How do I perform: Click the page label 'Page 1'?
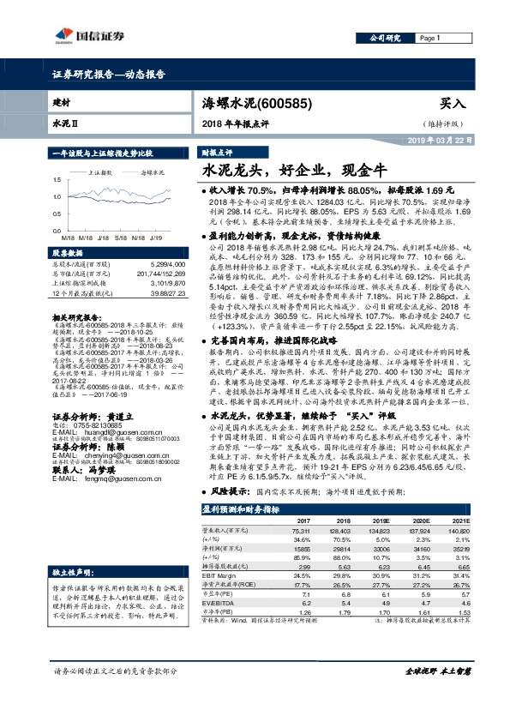pyautogui.click(x=429, y=39)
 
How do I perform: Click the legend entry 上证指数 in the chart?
pyautogui.click(x=102, y=172)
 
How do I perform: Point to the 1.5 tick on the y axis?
pyautogui.click(x=57, y=179)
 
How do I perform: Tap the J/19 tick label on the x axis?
pyautogui.click(x=158, y=236)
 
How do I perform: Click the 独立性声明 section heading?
pyautogui.click(x=71, y=570)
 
